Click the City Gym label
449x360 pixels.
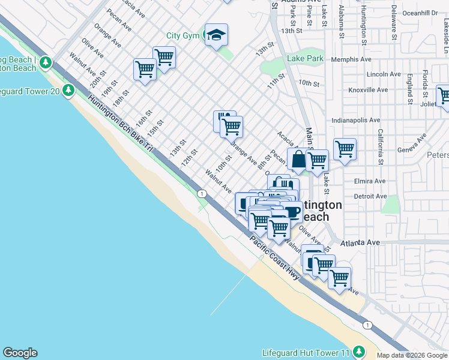coord(182,36)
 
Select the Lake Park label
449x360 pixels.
coord(305,59)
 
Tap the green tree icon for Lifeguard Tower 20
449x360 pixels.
coord(68,90)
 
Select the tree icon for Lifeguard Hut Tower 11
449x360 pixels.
coord(358,351)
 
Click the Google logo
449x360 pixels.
coord(20,353)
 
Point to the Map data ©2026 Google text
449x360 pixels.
coord(412,355)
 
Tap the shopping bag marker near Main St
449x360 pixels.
coord(298,160)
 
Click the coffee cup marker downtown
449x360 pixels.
coord(292,211)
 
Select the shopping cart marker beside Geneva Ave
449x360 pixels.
coord(345,149)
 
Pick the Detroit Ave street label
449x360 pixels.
coord(370,196)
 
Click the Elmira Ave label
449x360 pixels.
coord(370,181)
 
